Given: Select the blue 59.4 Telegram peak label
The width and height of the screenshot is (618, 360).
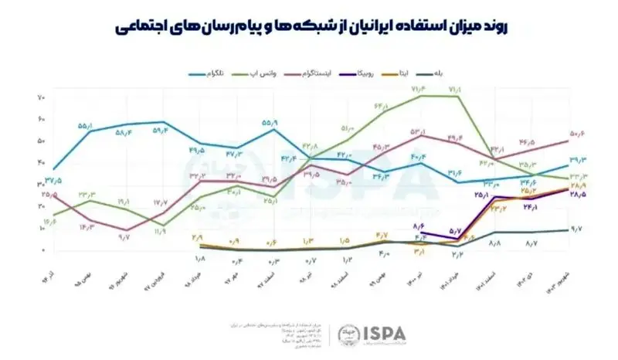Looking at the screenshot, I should (160, 131).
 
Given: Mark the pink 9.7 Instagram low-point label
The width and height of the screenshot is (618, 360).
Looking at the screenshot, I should (124, 237).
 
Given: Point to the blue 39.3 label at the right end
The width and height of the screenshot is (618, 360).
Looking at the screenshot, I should (578, 160).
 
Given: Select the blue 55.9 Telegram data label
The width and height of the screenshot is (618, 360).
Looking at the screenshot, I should (270, 122).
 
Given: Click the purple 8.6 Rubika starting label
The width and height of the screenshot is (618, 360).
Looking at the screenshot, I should (419, 226).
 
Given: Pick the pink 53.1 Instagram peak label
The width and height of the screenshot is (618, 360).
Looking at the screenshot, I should (418, 132).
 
